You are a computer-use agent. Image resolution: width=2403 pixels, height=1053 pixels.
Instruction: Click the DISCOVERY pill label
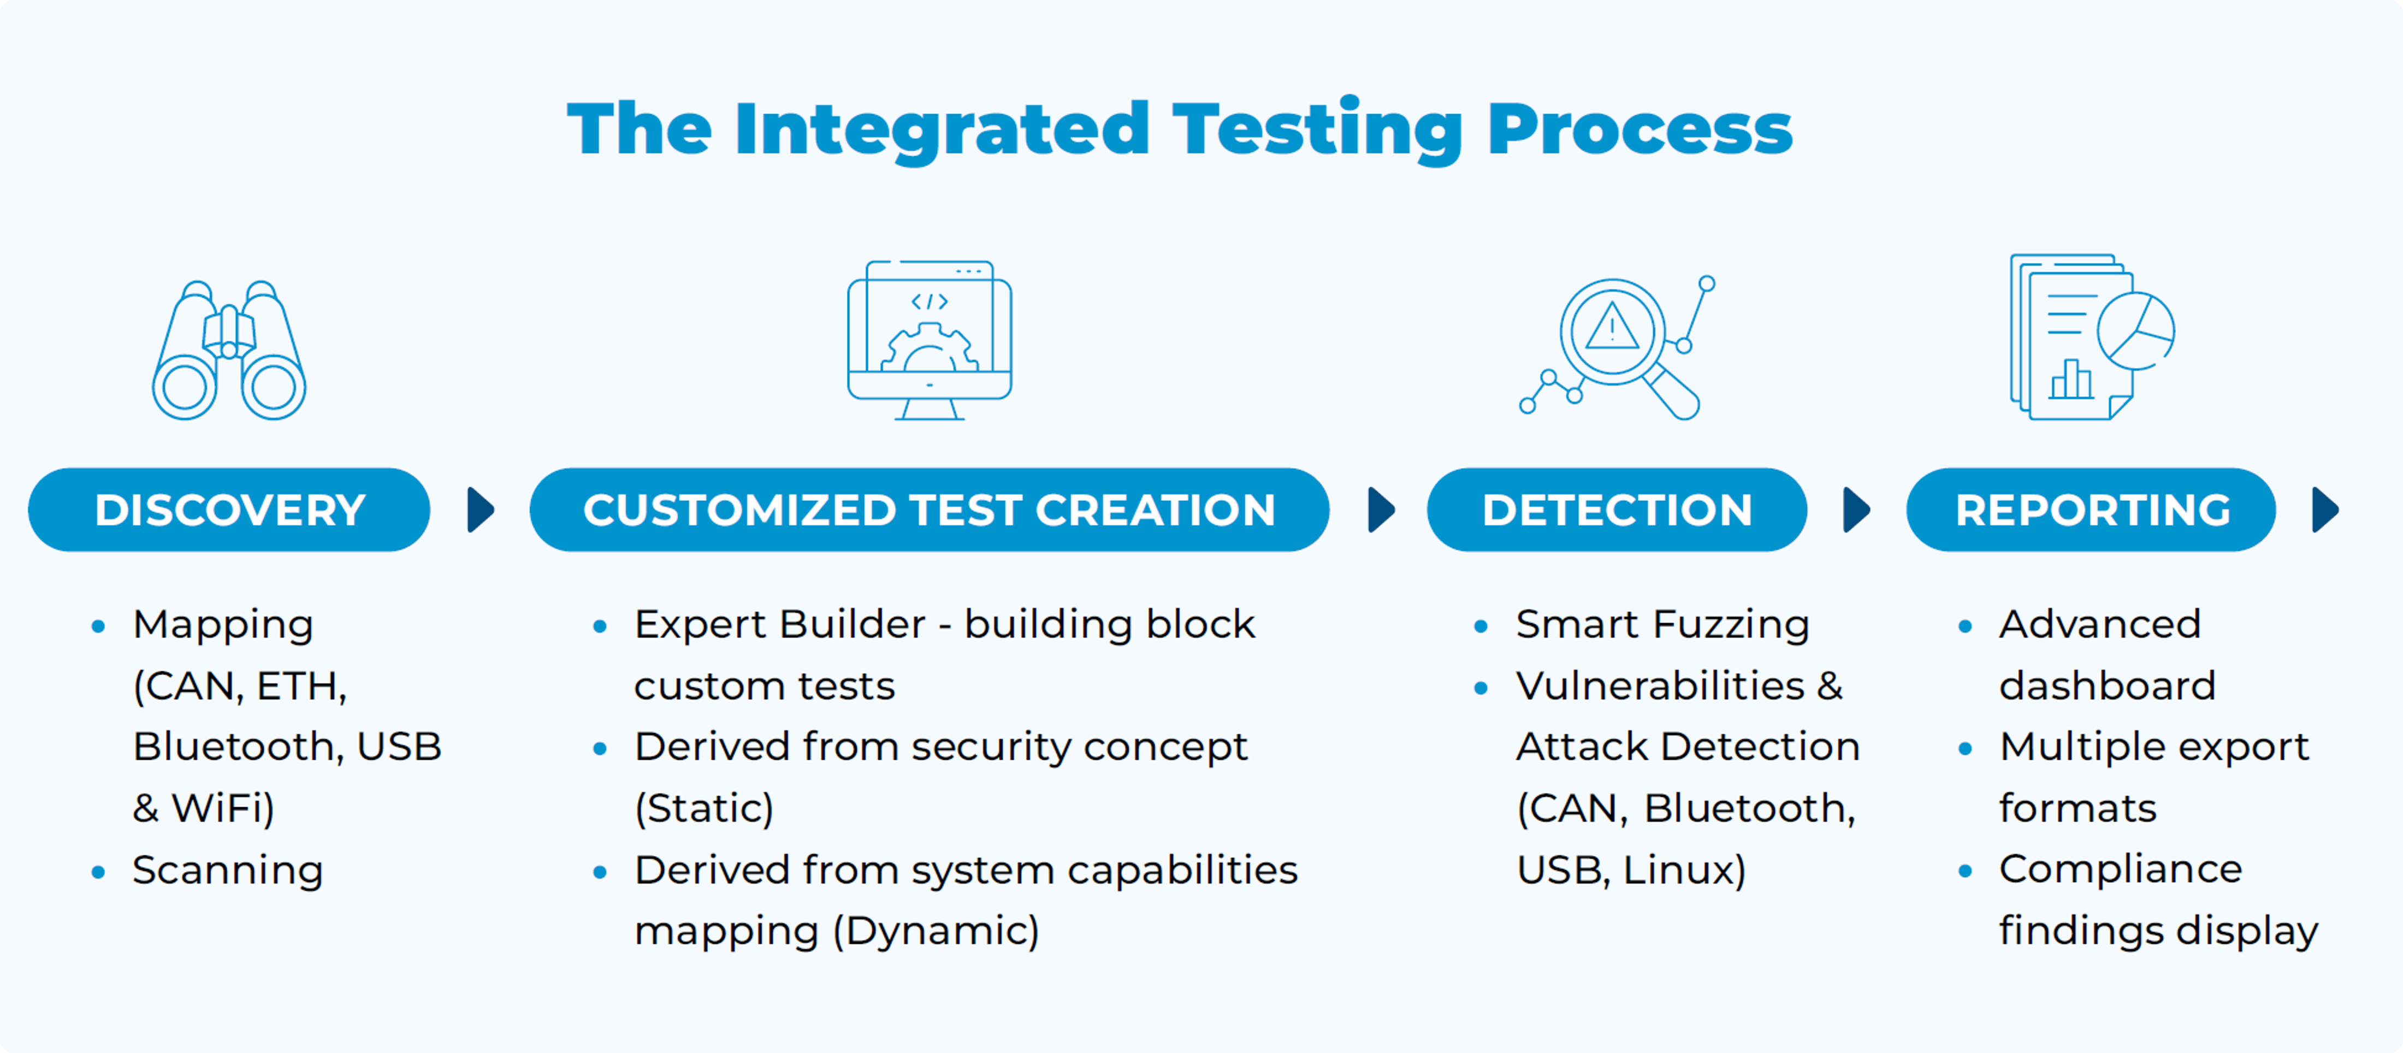(229, 510)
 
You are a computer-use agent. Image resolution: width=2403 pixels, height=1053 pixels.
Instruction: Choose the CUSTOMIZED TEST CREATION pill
(929, 510)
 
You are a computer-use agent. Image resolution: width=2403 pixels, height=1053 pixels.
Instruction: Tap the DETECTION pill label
(1617, 510)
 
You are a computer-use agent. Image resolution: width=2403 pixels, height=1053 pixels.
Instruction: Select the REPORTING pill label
(2092, 510)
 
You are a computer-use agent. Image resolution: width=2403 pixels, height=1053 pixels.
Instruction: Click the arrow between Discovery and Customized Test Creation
(481, 510)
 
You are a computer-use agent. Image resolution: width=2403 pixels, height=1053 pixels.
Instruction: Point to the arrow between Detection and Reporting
(1856, 510)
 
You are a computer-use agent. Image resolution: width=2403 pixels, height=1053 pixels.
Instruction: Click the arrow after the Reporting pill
(2325, 510)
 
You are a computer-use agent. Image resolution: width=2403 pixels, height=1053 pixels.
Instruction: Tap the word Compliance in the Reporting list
(2120, 869)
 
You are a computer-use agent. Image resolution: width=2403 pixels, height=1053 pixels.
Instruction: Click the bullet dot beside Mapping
(98, 626)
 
